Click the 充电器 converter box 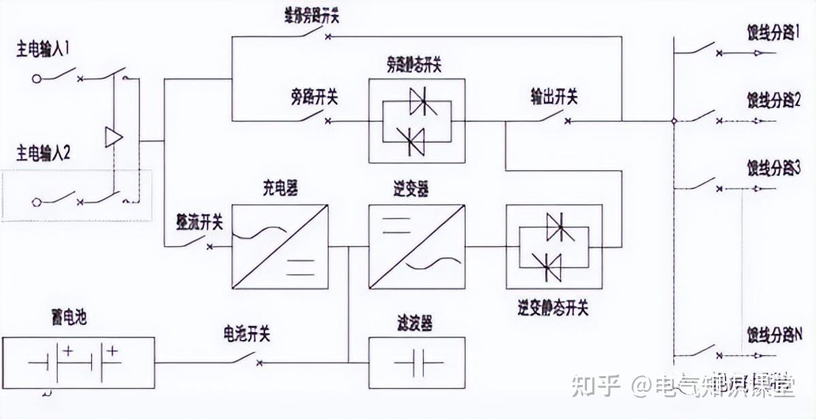[x=279, y=246]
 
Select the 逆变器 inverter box [x=417, y=246]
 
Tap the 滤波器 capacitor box [x=417, y=362]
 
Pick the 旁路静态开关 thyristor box [x=417, y=121]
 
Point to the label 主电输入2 [x=54, y=151]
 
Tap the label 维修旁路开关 [x=312, y=16]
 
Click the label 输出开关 [x=554, y=97]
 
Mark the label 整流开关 [x=199, y=222]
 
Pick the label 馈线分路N [x=776, y=333]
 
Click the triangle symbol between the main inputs [x=113, y=137]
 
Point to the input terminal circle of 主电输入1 [x=37, y=79]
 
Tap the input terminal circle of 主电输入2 [x=37, y=201]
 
